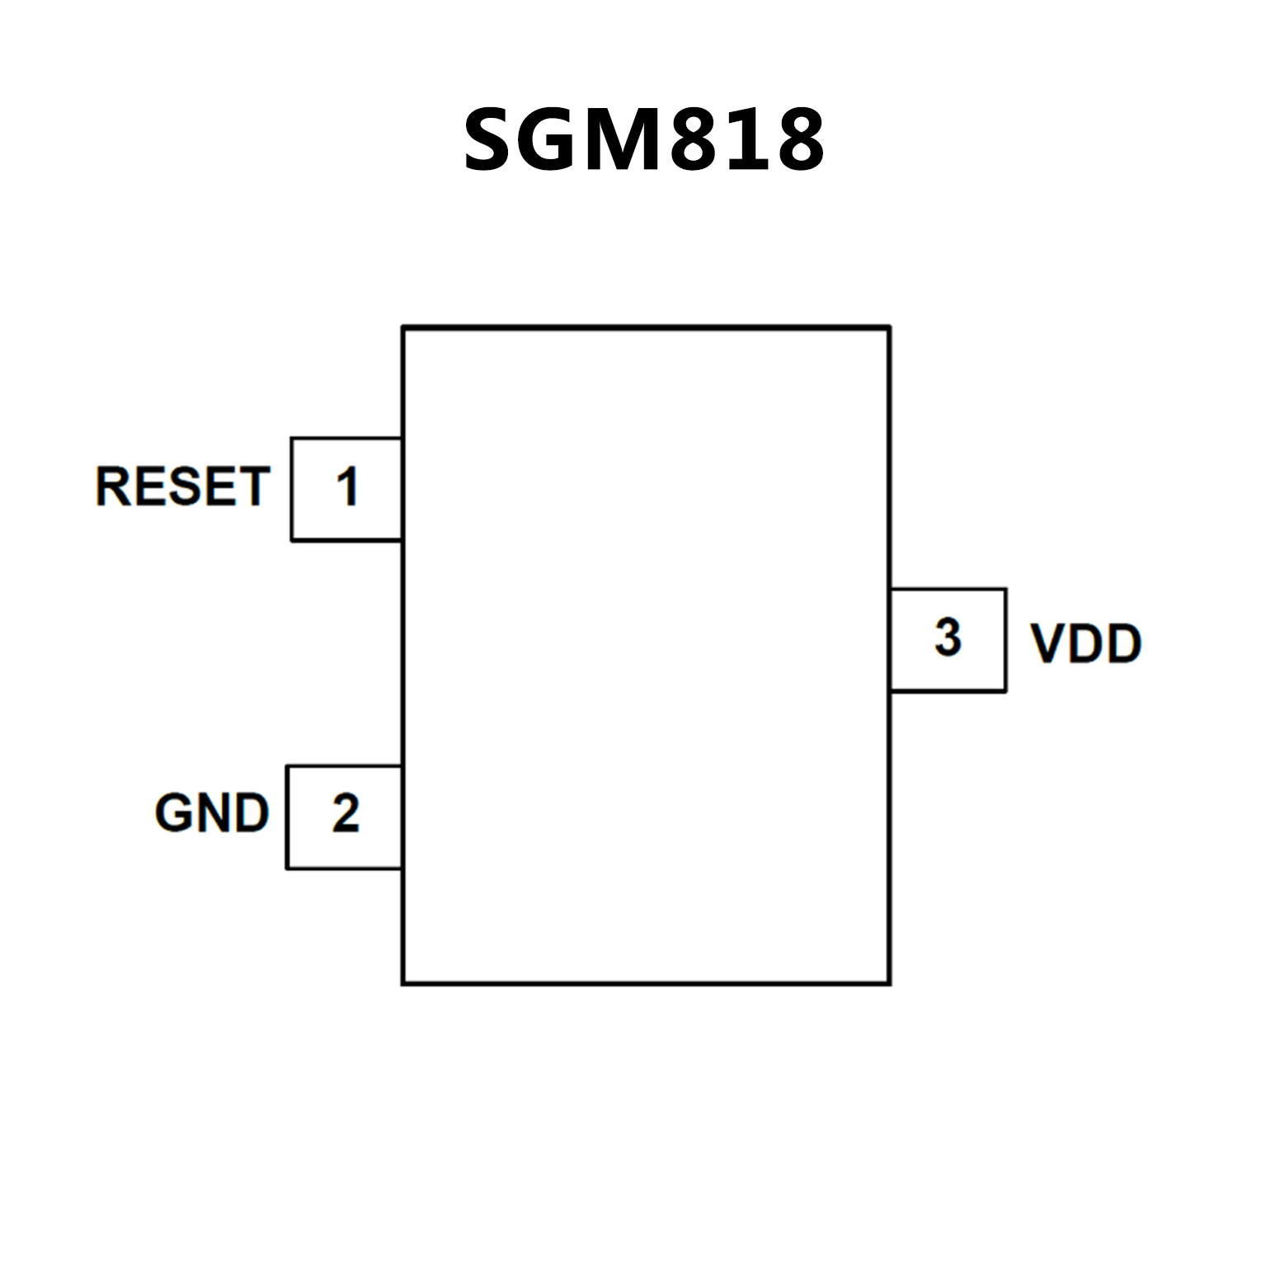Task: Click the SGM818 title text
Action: (x=643, y=140)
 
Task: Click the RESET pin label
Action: (x=183, y=486)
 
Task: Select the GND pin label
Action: (x=212, y=813)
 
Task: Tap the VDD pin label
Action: (x=1086, y=643)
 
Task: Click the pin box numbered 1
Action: (x=346, y=489)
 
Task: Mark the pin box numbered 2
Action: (x=344, y=817)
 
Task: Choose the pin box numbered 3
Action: (x=948, y=640)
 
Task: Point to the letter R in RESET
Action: (x=112, y=486)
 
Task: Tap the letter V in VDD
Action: (x=1047, y=643)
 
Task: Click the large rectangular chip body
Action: (x=646, y=656)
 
